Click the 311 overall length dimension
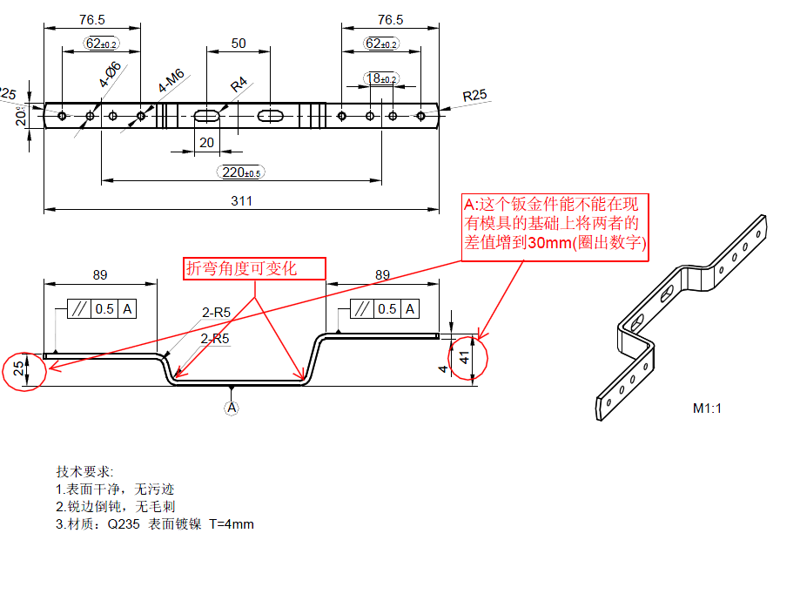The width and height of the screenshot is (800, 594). tap(241, 201)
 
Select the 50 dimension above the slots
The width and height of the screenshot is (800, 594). tap(238, 43)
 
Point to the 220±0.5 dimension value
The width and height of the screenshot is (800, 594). tap(241, 172)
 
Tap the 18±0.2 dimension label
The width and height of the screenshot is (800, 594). tap(380, 79)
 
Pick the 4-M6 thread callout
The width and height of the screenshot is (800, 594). tap(171, 82)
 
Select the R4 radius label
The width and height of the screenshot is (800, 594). tap(239, 84)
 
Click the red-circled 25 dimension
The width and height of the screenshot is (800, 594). tap(20, 368)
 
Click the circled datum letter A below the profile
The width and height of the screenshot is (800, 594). tap(232, 407)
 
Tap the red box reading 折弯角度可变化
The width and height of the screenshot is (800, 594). tap(253, 268)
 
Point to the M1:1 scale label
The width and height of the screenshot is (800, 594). tap(708, 408)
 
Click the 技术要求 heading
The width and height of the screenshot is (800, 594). tap(84, 471)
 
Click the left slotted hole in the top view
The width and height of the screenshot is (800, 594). tap(206, 116)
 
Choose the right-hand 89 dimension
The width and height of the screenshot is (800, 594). tap(382, 274)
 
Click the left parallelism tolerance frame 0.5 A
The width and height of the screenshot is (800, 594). tap(102, 309)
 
